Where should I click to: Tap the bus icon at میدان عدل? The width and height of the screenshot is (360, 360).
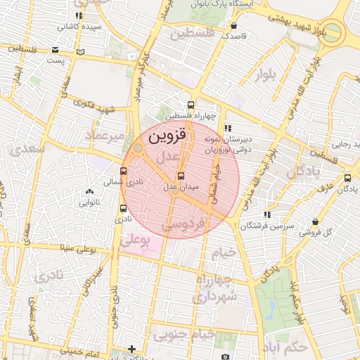click(x=181, y=176)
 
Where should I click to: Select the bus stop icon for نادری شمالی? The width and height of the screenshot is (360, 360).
click(x=124, y=171)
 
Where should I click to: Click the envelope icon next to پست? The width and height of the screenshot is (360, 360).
click(x=56, y=50)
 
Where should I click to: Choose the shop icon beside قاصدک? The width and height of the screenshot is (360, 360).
click(x=233, y=25)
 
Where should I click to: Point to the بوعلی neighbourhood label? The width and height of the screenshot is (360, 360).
click(x=136, y=240)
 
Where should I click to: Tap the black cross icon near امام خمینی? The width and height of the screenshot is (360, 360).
click(x=131, y=349)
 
